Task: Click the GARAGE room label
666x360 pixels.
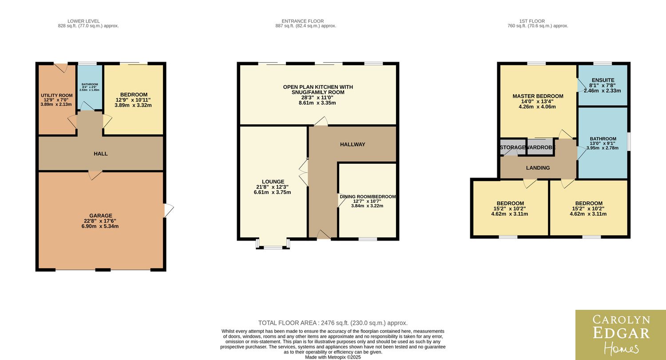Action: [101, 216]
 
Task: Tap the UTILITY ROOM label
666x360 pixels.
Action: [56, 95]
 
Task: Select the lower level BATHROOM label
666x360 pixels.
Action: [90, 84]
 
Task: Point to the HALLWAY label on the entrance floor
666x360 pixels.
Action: [353, 144]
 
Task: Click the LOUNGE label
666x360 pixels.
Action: [273, 182]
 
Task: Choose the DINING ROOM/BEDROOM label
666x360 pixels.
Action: [368, 197]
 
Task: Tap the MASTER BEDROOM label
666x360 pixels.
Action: [538, 96]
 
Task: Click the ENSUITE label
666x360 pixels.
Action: [603, 80]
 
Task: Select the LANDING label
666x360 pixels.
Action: [538, 168]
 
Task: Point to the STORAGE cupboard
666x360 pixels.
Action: [513, 147]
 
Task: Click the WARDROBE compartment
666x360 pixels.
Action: [540, 147]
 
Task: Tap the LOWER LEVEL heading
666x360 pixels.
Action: [83, 21]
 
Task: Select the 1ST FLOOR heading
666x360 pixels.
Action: [532, 21]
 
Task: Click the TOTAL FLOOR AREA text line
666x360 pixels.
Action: [333, 323]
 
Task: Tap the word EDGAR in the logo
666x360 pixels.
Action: [621, 333]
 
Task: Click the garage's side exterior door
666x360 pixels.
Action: [168, 210]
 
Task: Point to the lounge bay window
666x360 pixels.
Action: [273, 243]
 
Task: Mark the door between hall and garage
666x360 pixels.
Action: [95, 175]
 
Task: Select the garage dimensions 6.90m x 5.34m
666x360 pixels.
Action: [100, 226]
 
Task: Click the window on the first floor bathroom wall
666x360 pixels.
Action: [629, 142]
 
